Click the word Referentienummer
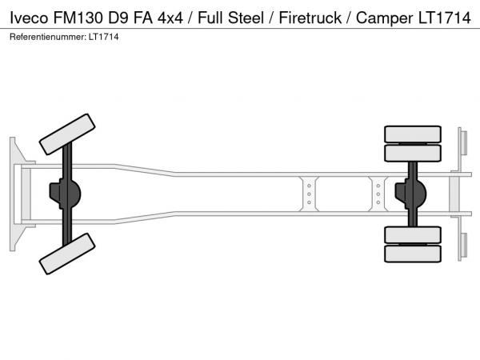click(46, 37)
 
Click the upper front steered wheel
click(67, 133)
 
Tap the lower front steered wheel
click(67, 252)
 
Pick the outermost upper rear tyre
click(413, 134)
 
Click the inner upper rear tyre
click(413, 153)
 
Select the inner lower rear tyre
click(413, 235)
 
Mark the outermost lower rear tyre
click(413, 254)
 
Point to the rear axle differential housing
click(414, 194)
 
